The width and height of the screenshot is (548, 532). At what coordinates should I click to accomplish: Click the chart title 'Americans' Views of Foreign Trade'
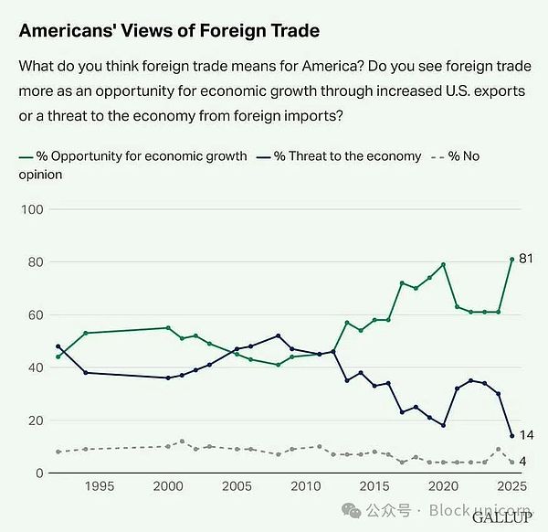coord(169,30)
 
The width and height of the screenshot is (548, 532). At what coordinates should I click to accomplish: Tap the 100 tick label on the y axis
coord(33,209)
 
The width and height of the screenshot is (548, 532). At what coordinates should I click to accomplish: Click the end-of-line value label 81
coord(525,259)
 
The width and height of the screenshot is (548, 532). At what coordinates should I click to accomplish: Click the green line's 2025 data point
coord(511,260)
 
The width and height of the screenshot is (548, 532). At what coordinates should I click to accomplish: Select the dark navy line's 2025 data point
coord(511,436)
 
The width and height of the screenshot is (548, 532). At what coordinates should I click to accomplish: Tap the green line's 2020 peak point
coord(443,265)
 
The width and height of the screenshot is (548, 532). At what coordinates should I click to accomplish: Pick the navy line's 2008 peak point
coord(278,335)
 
